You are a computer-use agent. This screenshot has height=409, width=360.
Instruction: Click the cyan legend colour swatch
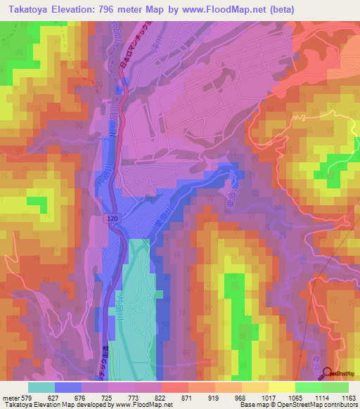41,387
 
